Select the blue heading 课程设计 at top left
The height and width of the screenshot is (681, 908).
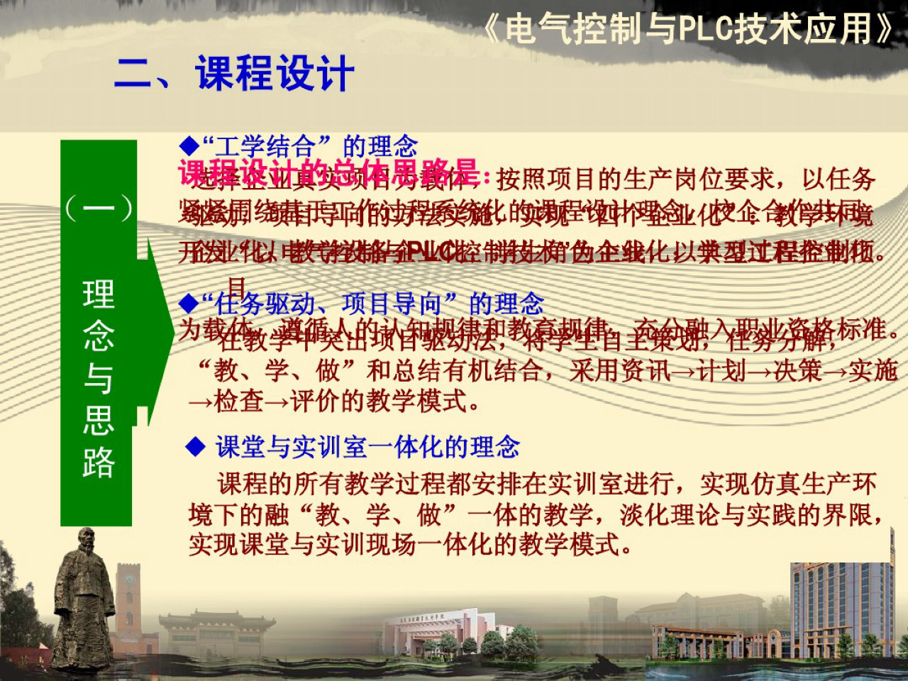point(275,74)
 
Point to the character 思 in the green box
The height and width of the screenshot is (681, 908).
point(98,420)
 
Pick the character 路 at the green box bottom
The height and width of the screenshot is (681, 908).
point(98,463)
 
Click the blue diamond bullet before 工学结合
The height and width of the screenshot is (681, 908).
point(189,147)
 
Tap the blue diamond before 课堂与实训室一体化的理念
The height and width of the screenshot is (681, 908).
point(195,447)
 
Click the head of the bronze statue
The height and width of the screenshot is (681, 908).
point(86,543)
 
